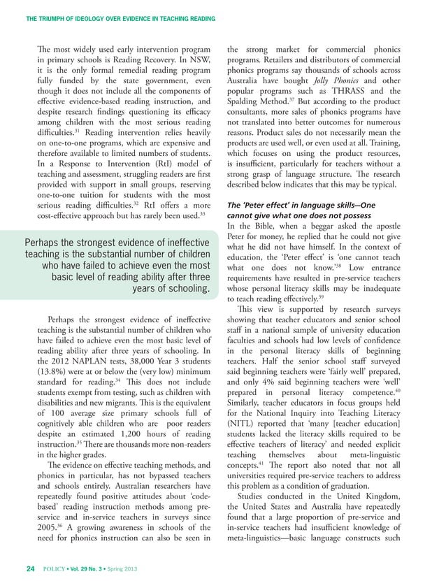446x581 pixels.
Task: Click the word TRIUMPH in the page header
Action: click(x=57, y=9)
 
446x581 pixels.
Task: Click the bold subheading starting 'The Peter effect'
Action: click(x=301, y=206)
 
